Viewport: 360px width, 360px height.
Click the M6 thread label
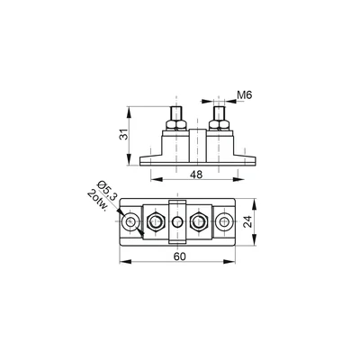click(245, 95)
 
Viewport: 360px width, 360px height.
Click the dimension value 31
click(123, 134)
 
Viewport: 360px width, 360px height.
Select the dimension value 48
click(196, 175)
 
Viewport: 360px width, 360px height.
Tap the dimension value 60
click(180, 256)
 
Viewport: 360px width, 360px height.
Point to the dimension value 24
click(247, 222)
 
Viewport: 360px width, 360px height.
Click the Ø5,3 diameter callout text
click(108, 190)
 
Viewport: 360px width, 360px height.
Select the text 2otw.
click(97, 201)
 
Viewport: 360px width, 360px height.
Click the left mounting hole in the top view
click(130, 222)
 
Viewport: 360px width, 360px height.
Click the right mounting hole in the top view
click(224, 222)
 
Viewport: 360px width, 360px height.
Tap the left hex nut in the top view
click(155, 222)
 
